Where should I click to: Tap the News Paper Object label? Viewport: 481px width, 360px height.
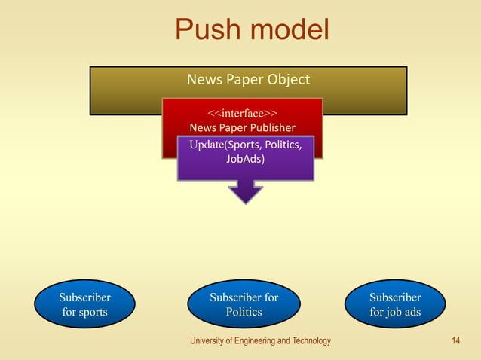pyautogui.click(x=248, y=79)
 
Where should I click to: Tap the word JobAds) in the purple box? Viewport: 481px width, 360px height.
pyautogui.click(x=245, y=159)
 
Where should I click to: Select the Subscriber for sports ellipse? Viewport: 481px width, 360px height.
pyautogui.click(x=85, y=305)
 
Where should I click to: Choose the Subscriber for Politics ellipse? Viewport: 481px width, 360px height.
pyautogui.click(x=244, y=305)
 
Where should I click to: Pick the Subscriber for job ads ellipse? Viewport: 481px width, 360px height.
pyautogui.click(x=395, y=305)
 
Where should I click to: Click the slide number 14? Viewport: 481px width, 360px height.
pyautogui.click(x=455, y=341)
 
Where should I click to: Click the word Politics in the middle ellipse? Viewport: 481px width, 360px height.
pyautogui.click(x=244, y=312)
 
